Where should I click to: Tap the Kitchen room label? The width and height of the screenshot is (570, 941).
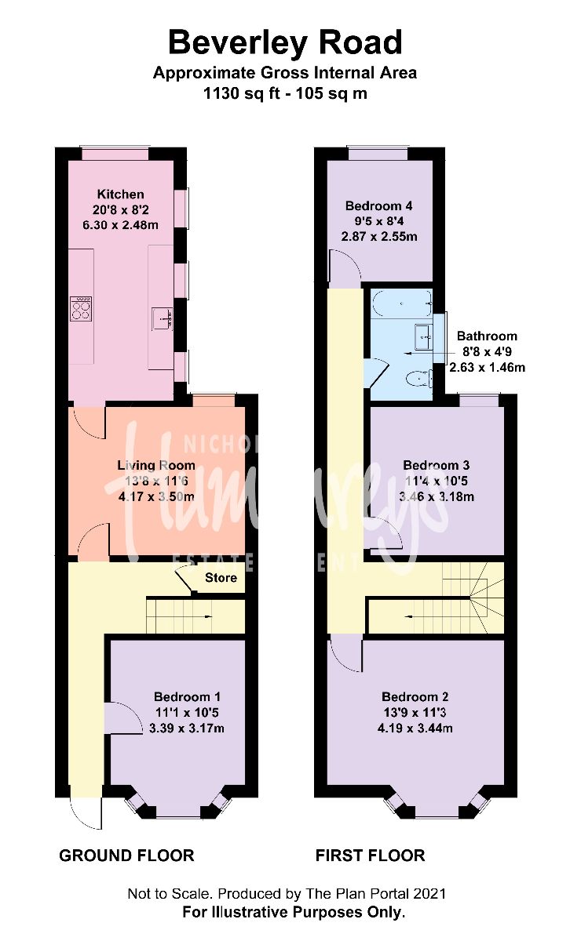(x=120, y=194)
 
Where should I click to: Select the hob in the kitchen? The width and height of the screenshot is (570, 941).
(x=81, y=307)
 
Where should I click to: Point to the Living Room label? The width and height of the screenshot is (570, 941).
(x=156, y=465)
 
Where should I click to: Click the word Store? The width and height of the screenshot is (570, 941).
(x=221, y=578)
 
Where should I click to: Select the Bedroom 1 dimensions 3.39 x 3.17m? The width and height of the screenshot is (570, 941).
(x=187, y=728)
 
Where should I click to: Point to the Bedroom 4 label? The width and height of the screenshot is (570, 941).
(x=378, y=206)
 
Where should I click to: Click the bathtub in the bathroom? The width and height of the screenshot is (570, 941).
(x=401, y=301)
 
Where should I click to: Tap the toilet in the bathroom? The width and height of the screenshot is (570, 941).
(x=419, y=379)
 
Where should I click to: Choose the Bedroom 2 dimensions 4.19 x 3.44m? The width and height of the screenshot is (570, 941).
(x=415, y=728)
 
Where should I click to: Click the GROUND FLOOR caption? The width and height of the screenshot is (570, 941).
(x=126, y=855)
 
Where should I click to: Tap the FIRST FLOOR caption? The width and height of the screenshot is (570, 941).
(x=370, y=855)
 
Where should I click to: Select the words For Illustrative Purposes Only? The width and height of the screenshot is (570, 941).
(x=294, y=912)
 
